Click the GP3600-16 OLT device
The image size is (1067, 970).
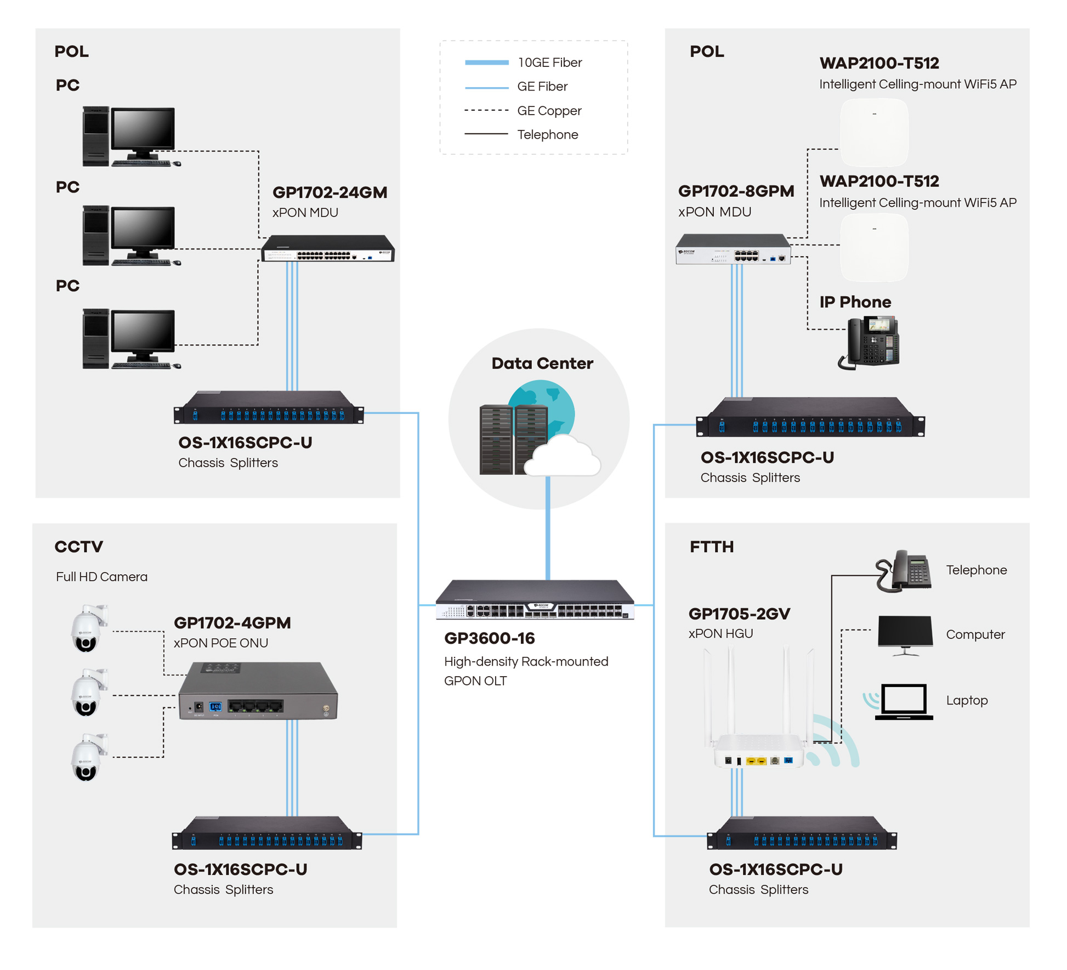535,600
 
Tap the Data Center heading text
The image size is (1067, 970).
542,363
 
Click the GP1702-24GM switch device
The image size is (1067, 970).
328,249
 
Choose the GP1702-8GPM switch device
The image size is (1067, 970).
733,249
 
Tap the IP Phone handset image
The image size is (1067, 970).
869,342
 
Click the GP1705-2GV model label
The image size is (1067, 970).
739,614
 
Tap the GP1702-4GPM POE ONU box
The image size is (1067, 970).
258,692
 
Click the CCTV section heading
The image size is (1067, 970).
79,547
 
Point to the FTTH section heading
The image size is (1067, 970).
711,547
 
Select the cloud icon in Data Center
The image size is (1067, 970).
562,456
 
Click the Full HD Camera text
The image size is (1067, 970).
101,577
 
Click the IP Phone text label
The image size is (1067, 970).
855,302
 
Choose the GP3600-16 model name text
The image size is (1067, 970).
489,638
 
